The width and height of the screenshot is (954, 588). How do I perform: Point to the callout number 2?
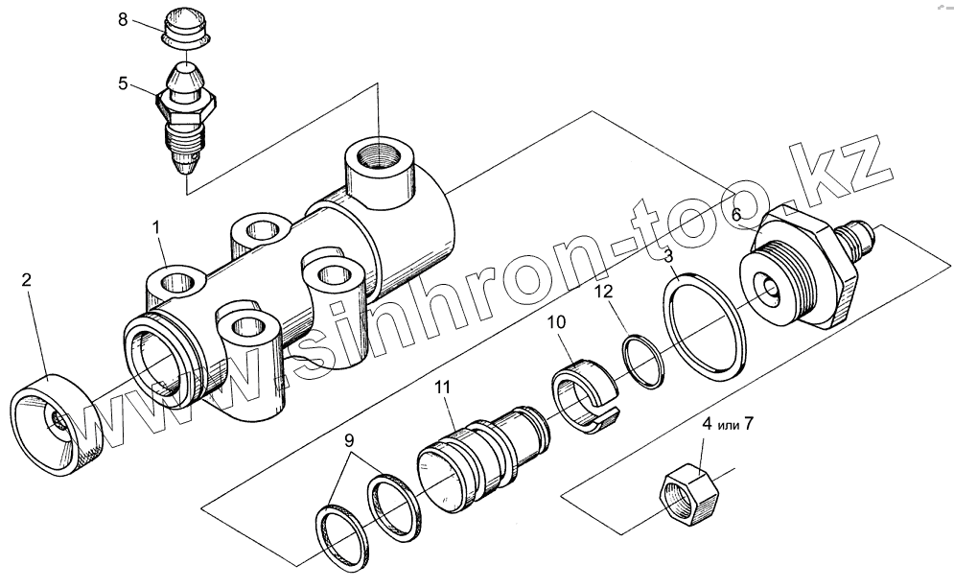pos(27,280)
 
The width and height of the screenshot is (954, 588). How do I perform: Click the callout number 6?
pos(736,216)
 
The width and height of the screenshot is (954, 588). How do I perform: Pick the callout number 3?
pos(669,256)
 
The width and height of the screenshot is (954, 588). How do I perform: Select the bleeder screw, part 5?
pos(184,120)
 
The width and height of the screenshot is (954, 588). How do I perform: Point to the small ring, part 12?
pos(640,362)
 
